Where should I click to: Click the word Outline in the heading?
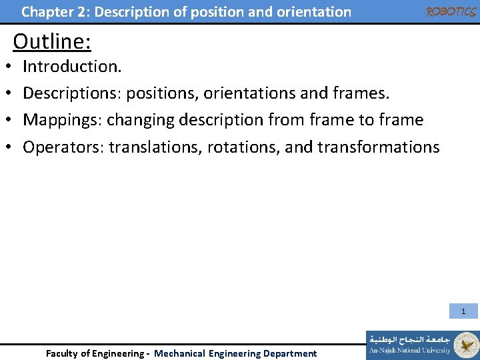pyautogui.click(x=52, y=41)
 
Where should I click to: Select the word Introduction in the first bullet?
pyautogui.click(x=69, y=66)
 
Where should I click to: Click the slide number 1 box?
pyautogui.click(x=463, y=311)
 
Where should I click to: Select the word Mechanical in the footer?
pyautogui.click(x=180, y=353)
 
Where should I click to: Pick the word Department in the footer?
pyautogui.click(x=290, y=353)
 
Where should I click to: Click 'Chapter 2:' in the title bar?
pyautogui.click(x=47, y=12)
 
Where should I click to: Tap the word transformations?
pyautogui.click(x=381, y=147)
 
